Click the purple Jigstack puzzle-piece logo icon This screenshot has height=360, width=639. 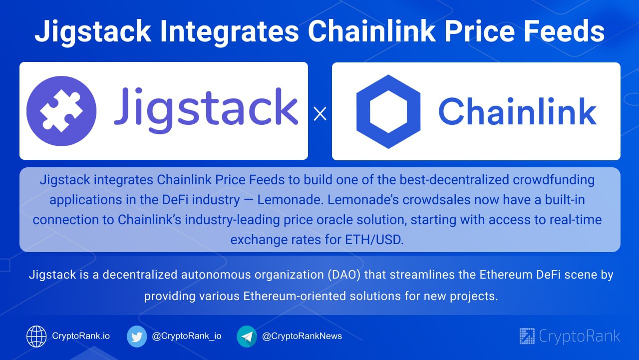61,111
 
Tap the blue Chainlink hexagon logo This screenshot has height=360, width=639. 388,111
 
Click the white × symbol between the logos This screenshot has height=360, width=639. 320,114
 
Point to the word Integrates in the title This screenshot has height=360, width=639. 229,32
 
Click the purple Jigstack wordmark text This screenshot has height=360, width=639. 206,110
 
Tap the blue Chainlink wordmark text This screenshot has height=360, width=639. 517,111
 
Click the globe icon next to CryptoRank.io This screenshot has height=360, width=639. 36,337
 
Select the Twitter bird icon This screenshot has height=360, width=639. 137,337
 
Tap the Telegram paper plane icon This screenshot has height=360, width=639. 247,337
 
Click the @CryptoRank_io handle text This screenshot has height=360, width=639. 187,336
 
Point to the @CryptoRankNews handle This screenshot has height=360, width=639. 302,336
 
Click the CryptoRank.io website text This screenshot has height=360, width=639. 81,336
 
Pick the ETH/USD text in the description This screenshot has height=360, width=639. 374,240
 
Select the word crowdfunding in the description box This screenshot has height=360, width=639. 554,180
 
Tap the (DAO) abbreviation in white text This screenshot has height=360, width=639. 344,275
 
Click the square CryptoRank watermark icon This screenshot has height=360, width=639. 527,336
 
